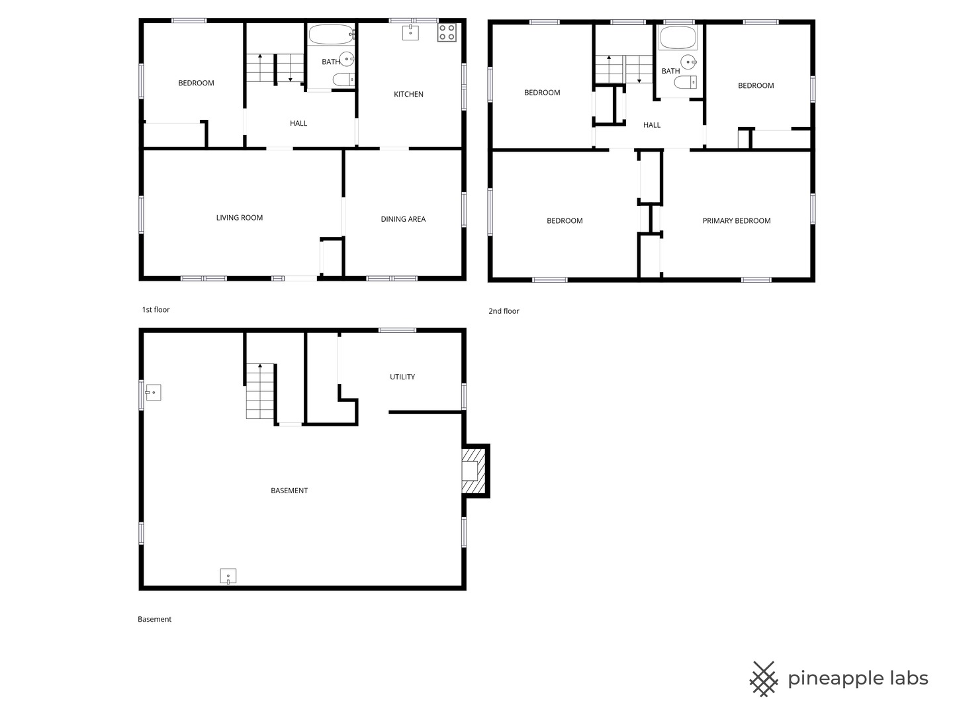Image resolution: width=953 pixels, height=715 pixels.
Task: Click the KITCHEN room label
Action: pyautogui.click(x=408, y=94)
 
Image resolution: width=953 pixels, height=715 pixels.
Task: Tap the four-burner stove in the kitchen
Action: pyautogui.click(x=446, y=32)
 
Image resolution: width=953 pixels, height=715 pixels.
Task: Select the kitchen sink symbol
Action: pyautogui.click(x=410, y=32)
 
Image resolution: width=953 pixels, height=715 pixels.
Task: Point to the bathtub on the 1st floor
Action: pyautogui.click(x=332, y=34)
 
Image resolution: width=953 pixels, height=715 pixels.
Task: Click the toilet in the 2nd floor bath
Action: pyautogui.click(x=686, y=82)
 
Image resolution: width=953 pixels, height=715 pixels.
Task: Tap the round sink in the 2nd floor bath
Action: pyautogui.click(x=688, y=62)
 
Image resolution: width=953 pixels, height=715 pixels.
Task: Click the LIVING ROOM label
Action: pyautogui.click(x=239, y=218)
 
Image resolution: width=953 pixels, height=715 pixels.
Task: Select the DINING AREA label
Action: pyautogui.click(x=403, y=219)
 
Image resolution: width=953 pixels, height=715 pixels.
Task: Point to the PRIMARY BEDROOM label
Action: pyautogui.click(x=737, y=221)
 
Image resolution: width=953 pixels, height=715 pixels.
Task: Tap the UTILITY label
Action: pyautogui.click(x=402, y=377)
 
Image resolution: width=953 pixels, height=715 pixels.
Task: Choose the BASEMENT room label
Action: pyautogui.click(x=289, y=491)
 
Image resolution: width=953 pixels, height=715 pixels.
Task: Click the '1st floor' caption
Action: pyautogui.click(x=156, y=310)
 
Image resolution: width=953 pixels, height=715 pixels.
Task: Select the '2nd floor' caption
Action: pyautogui.click(x=504, y=311)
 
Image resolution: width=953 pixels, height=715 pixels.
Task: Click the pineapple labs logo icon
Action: pyautogui.click(x=764, y=679)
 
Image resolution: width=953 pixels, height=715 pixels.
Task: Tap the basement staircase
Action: pyautogui.click(x=260, y=391)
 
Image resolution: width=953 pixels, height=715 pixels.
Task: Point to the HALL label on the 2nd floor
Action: pyautogui.click(x=652, y=125)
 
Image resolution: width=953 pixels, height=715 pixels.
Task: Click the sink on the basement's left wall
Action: pyautogui.click(x=153, y=393)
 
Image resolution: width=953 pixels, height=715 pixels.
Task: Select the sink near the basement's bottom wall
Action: pyautogui.click(x=228, y=576)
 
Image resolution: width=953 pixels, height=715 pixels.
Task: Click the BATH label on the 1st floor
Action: pyautogui.click(x=330, y=62)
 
